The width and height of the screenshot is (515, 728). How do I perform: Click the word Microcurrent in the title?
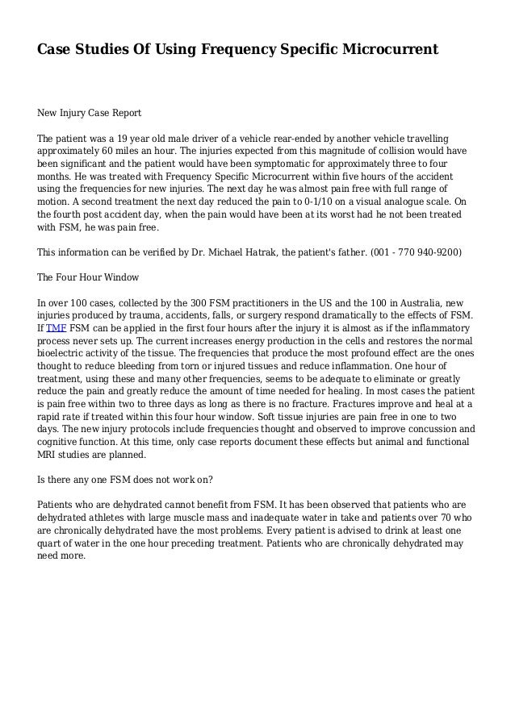point(387,50)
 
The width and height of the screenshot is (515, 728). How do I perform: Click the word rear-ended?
point(297,138)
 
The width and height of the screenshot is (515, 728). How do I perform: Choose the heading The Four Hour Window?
point(89,277)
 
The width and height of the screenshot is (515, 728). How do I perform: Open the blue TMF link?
point(56,328)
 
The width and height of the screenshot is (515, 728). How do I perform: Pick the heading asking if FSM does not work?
point(126,480)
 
